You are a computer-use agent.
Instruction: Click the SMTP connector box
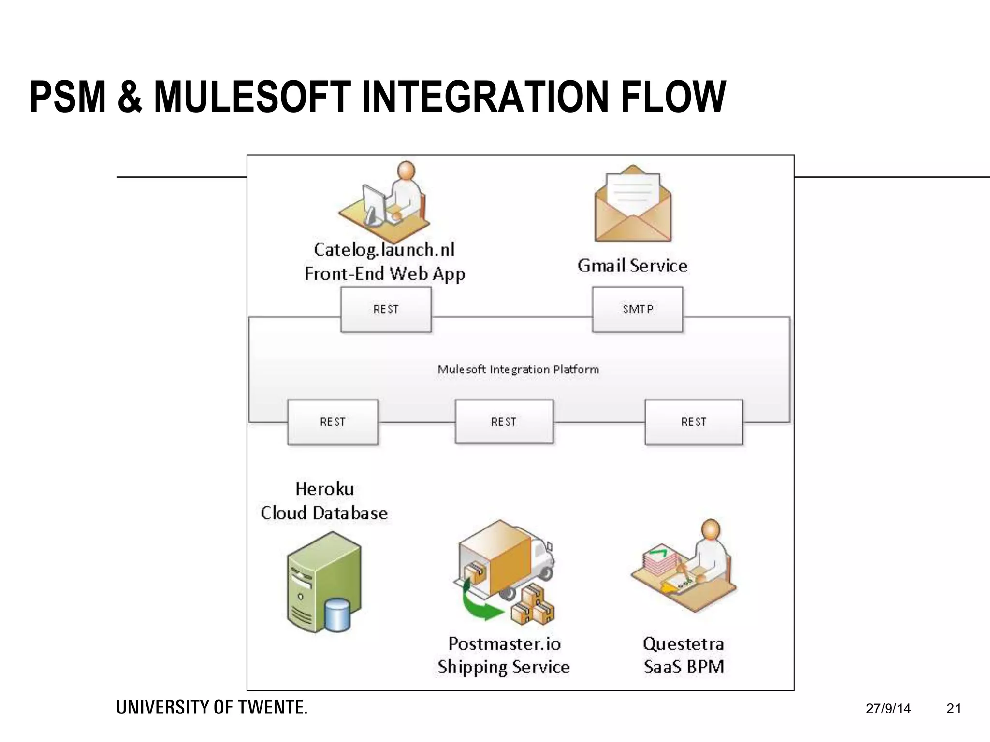[638, 309]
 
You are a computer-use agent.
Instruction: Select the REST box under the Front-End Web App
[386, 309]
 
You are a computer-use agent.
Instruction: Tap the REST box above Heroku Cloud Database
[333, 422]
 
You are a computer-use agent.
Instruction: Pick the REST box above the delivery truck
[504, 422]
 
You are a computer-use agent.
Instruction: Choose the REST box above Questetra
[694, 422]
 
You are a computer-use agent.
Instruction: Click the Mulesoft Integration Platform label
[518, 370]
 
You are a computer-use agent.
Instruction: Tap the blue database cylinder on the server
[337, 614]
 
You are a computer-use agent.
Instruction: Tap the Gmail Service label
[632, 266]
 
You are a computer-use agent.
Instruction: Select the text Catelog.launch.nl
[384, 250]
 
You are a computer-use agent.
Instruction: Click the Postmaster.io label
[504, 644]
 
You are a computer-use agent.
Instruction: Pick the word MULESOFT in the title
[252, 98]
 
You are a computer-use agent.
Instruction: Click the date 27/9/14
[888, 709]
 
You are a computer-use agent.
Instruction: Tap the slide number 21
[953, 709]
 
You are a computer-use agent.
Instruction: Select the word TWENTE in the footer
[273, 708]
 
